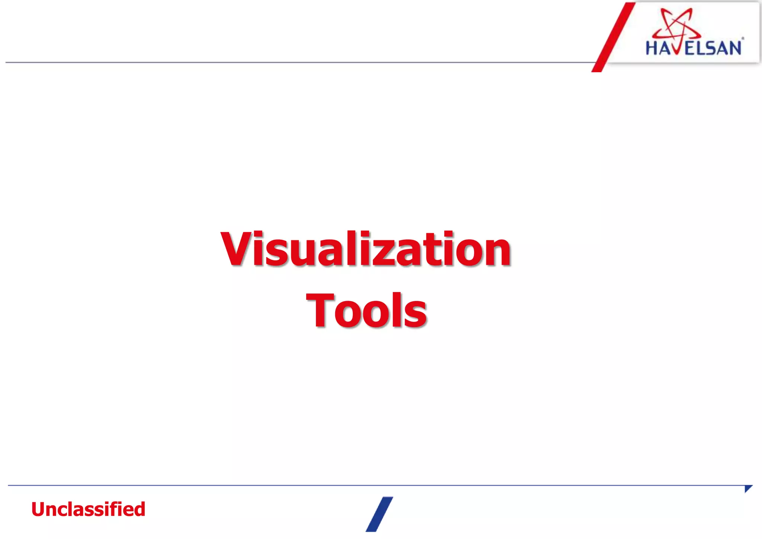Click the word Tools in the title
coord(366,310)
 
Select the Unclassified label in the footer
coord(88,509)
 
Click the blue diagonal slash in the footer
coord(379,514)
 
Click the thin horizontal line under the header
coord(298,62)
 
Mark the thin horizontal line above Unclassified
coord(372,485)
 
